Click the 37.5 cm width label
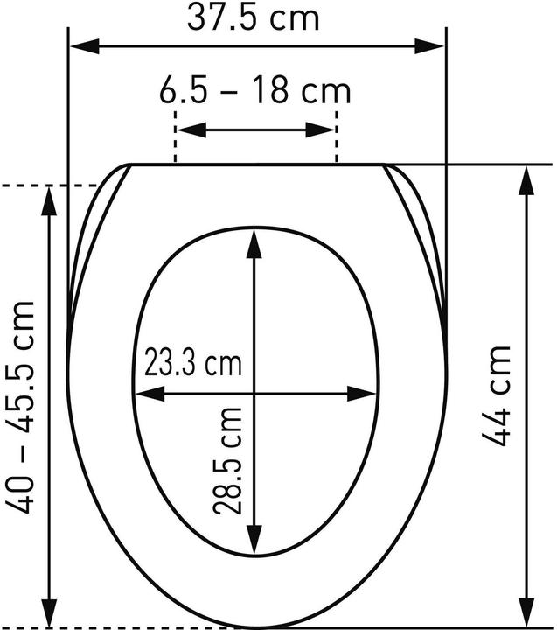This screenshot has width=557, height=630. [253, 18]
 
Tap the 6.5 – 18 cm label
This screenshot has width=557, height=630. [255, 92]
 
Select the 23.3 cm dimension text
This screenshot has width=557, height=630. [193, 362]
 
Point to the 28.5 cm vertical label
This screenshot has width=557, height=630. [227, 461]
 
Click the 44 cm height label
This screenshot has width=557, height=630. [496, 395]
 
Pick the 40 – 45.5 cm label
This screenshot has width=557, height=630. [20, 407]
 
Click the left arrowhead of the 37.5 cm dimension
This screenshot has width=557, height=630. [85, 46]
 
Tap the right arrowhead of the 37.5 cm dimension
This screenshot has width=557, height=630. [429, 46]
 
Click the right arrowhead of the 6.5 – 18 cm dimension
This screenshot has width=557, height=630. [320, 130]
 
